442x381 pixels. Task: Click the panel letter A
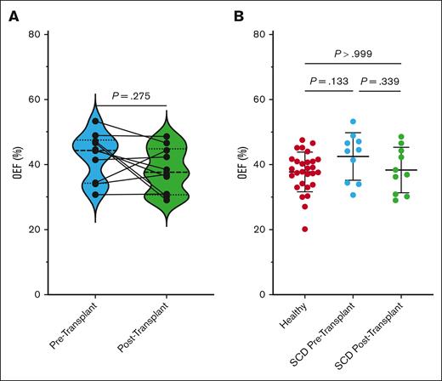[x=12, y=14]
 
